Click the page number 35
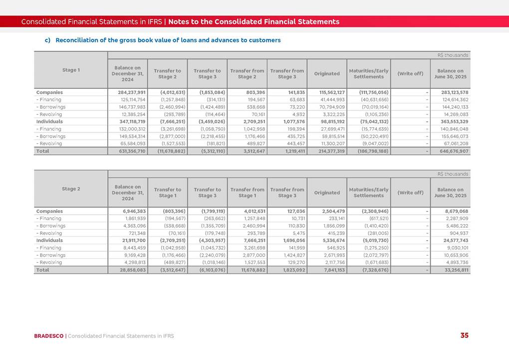464,336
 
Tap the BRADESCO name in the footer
49,336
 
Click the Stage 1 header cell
71,70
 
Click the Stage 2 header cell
71,189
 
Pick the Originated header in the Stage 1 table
327,74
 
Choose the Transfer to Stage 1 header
167,192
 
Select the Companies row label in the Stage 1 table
49,92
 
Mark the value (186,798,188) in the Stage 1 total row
373,151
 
